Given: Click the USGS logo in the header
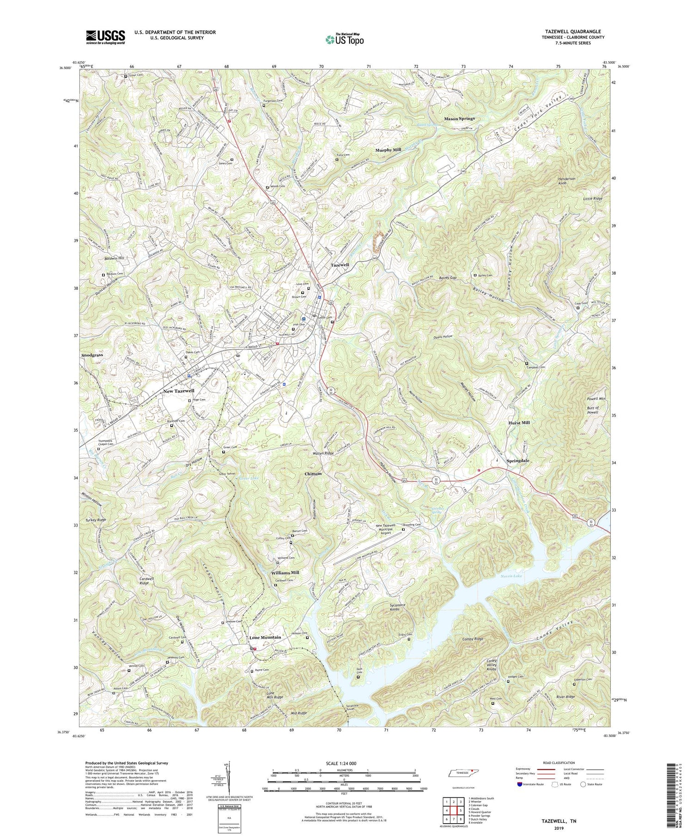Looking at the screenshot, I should (x=105, y=37).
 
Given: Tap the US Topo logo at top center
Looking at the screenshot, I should (x=344, y=39).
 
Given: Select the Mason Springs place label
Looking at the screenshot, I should (x=459, y=119).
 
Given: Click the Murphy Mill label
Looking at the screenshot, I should (x=388, y=150).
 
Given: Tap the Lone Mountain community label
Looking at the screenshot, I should (x=265, y=637).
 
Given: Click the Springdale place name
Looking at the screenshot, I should (x=517, y=461).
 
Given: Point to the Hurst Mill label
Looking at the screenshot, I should (x=519, y=422).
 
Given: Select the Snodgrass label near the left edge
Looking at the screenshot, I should (x=91, y=355).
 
